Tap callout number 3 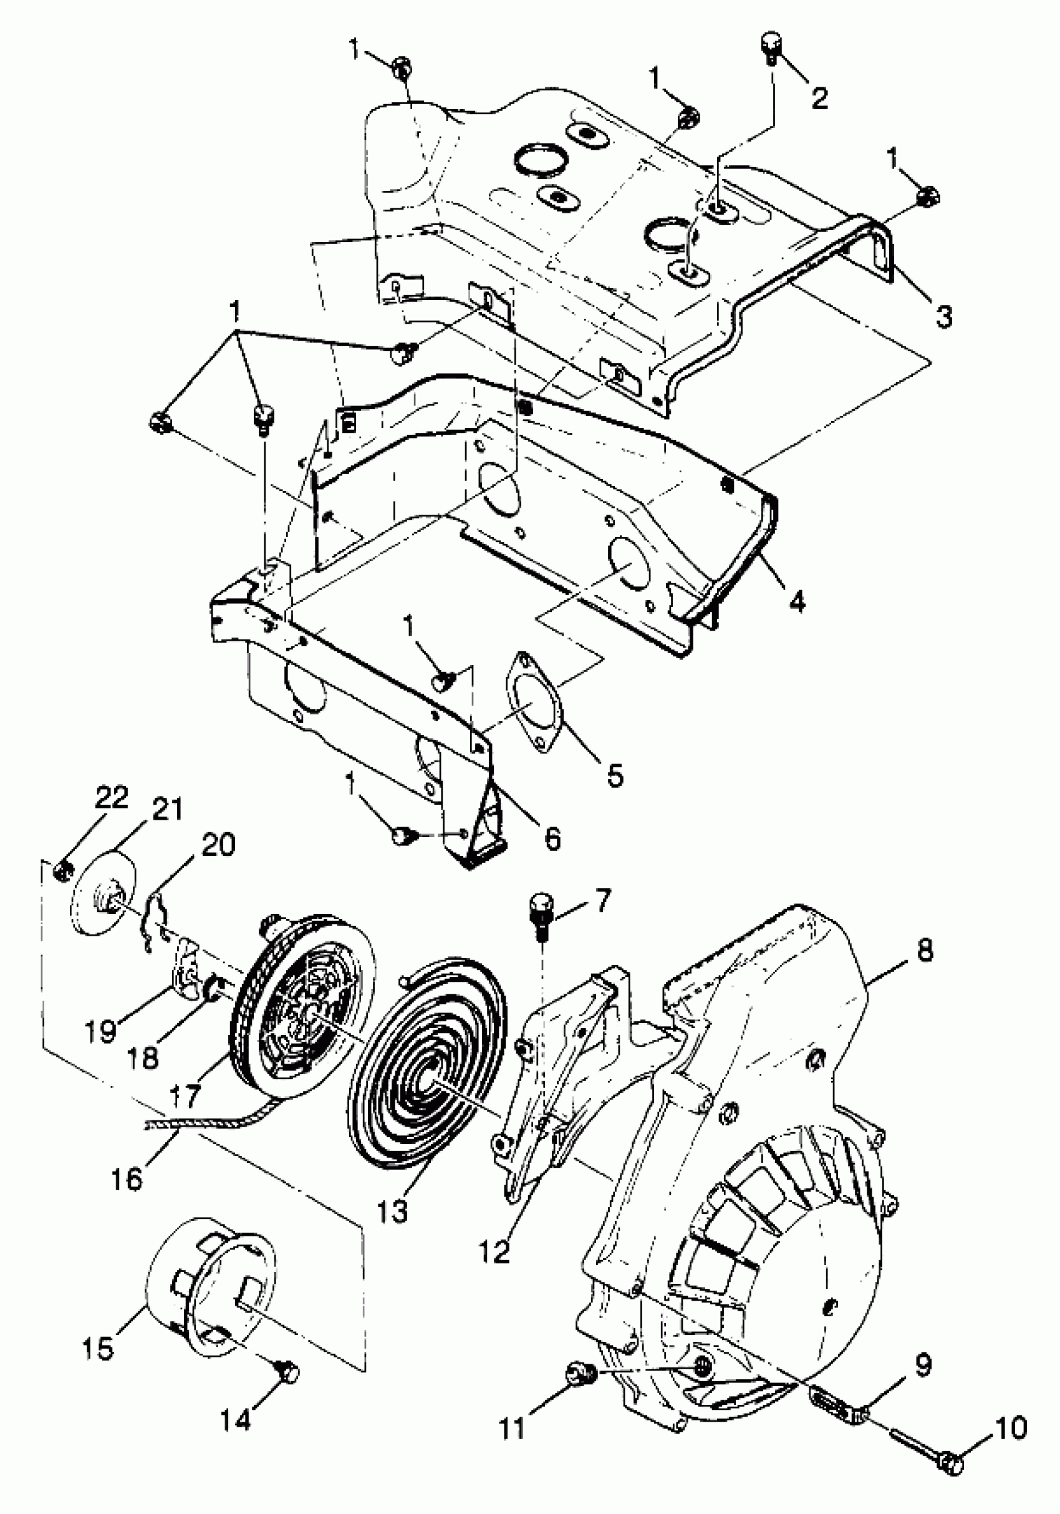tap(944, 316)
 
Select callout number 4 tap(797, 601)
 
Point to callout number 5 tap(614, 775)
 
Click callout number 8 tap(924, 950)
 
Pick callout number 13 tap(393, 1211)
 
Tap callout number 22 tap(111, 798)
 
